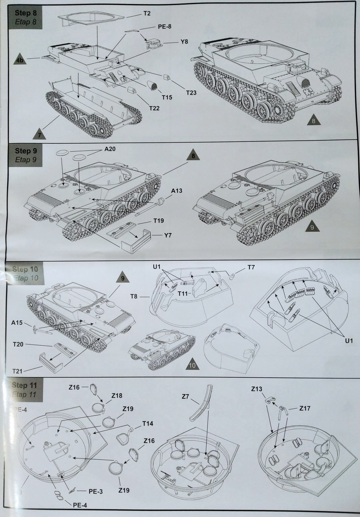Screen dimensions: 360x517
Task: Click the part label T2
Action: tap(147, 13)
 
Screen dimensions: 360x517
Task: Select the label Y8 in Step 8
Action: tap(184, 42)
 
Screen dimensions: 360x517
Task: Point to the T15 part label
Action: tap(167, 97)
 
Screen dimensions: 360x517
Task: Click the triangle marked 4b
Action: tap(20, 60)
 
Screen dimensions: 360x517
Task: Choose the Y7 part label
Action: tap(167, 235)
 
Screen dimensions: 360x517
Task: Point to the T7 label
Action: tap(251, 267)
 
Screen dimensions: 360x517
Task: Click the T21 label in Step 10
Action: tap(17, 371)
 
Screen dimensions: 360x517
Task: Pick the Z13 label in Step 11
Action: tap(257, 389)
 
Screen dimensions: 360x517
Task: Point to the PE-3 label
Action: tap(95, 491)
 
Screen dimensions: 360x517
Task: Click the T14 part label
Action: tap(147, 423)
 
